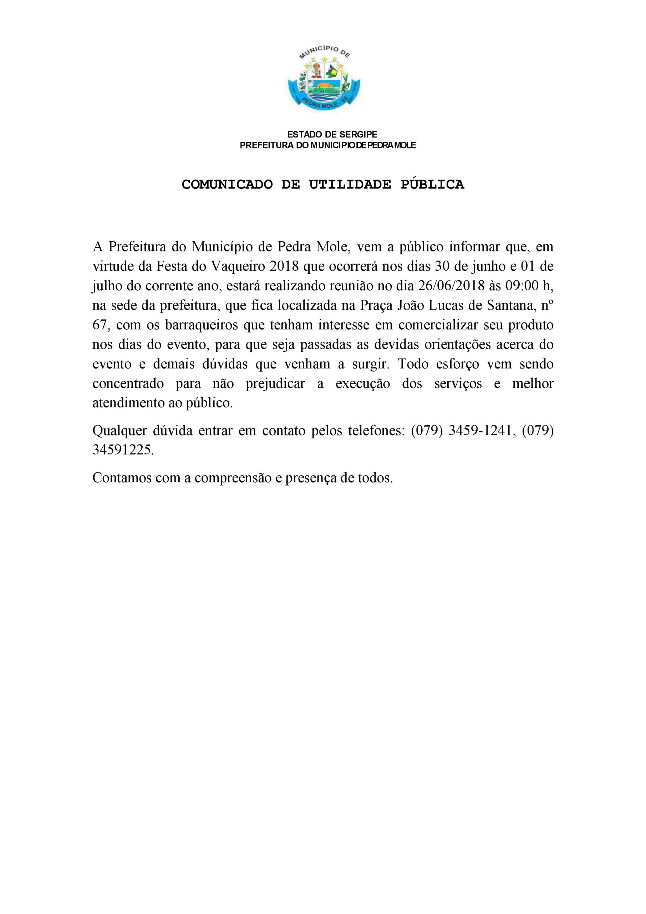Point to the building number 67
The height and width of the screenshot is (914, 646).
coord(100,325)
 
